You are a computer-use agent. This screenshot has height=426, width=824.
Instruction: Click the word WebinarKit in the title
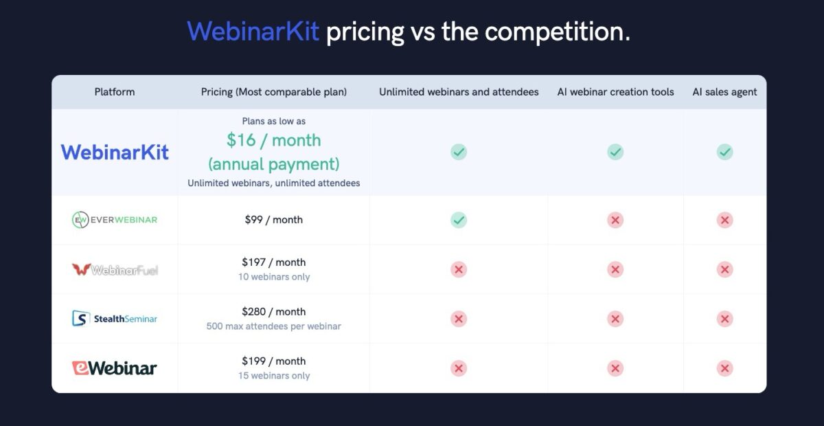pyautogui.click(x=253, y=32)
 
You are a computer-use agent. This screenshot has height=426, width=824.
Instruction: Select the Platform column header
pyautogui.click(x=115, y=91)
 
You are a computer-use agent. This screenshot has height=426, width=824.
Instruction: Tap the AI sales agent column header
pyautogui.click(x=724, y=91)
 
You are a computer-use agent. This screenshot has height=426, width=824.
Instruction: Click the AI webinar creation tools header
pyautogui.click(x=615, y=91)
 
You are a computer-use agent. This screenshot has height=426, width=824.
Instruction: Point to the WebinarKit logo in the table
pyautogui.click(x=115, y=152)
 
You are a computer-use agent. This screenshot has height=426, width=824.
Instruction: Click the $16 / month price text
pyautogui.click(x=274, y=140)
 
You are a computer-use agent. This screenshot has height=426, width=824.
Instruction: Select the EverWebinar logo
pyautogui.click(x=115, y=220)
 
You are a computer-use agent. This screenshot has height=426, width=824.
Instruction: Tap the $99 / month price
pyautogui.click(x=274, y=220)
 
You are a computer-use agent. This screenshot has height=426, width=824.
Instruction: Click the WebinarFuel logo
pyautogui.click(x=115, y=269)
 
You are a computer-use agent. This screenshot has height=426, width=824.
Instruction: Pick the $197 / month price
pyautogui.click(x=274, y=262)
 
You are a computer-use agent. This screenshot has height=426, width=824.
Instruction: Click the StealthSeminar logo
pyautogui.click(x=115, y=319)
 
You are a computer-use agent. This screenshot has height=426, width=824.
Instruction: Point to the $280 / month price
pyautogui.click(x=274, y=311)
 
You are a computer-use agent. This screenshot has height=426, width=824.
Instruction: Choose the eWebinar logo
pyautogui.click(x=115, y=368)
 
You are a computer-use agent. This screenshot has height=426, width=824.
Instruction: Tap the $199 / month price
pyautogui.click(x=274, y=361)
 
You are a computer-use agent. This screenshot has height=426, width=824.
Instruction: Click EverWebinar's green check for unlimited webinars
pyautogui.click(x=459, y=220)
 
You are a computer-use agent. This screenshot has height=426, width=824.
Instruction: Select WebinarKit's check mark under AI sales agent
pyautogui.click(x=724, y=152)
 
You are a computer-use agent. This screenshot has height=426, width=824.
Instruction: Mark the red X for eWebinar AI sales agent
pyautogui.click(x=724, y=368)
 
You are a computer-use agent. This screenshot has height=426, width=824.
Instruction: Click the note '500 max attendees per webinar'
pyautogui.click(x=274, y=326)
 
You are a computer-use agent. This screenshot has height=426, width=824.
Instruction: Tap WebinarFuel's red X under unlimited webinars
pyautogui.click(x=459, y=269)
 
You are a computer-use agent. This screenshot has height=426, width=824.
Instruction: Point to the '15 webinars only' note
pyautogui.click(x=274, y=376)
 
